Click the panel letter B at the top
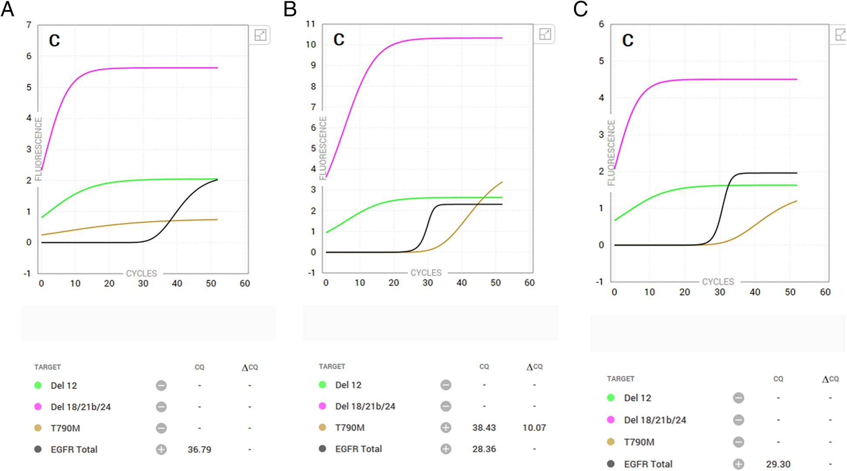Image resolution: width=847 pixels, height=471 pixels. [x=290, y=9]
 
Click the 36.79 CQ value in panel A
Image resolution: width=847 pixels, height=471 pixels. [x=199, y=449]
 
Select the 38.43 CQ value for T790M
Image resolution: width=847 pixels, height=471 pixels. [x=484, y=428]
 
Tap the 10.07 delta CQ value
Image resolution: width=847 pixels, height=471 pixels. [x=534, y=428]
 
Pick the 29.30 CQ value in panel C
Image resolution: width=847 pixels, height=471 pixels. [x=778, y=464]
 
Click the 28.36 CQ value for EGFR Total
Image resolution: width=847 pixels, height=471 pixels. [x=484, y=449]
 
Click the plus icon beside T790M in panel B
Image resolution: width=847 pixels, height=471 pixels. [x=446, y=428]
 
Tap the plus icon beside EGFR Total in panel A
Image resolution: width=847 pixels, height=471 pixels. [x=161, y=449]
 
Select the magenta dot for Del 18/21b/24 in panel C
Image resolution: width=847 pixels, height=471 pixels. [x=611, y=420]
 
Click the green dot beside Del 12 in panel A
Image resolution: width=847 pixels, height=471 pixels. [x=38, y=385]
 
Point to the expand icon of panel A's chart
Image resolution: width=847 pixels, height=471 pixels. [x=260, y=35]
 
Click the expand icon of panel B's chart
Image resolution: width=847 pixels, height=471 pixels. [x=545, y=34]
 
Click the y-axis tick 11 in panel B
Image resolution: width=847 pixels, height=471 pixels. [x=310, y=24]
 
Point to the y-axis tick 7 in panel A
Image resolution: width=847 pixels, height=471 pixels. [x=29, y=25]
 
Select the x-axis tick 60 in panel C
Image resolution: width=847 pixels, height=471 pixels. [x=825, y=292]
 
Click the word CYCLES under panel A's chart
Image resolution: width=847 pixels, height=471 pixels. [x=141, y=274]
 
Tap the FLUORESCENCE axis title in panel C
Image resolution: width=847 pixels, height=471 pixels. [x=611, y=153]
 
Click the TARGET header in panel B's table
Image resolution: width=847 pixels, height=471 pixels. [x=332, y=367]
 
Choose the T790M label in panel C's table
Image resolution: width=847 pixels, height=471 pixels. [x=639, y=442]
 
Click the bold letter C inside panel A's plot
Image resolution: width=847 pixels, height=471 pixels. [x=54, y=40]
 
